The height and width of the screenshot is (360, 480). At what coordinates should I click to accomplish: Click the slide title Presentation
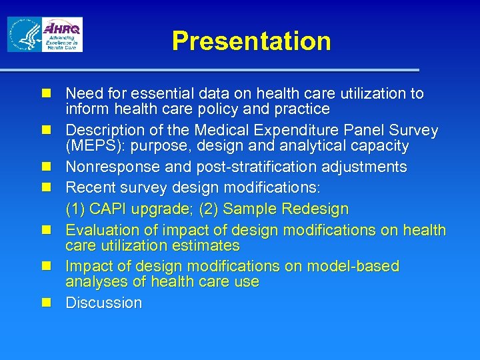click(251, 41)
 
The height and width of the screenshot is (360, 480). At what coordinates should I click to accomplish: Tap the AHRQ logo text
click(62, 29)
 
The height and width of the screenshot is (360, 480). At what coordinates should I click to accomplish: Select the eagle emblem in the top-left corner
click(23, 35)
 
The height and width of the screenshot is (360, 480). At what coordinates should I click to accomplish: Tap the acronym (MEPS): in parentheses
click(95, 145)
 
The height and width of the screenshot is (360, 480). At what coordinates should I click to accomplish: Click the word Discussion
click(103, 303)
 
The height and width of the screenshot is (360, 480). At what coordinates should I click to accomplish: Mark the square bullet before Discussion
click(46, 303)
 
